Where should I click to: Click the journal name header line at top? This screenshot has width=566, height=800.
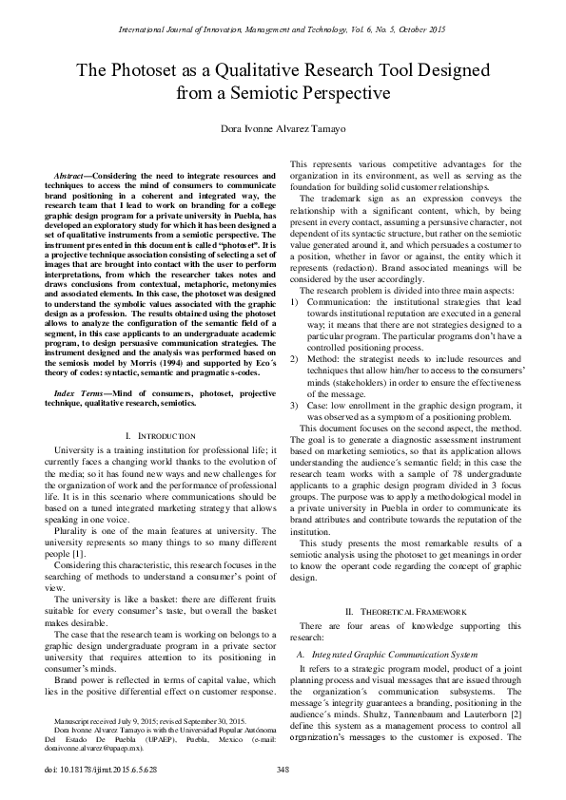click(283, 29)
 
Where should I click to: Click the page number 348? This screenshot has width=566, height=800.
click(283, 769)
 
